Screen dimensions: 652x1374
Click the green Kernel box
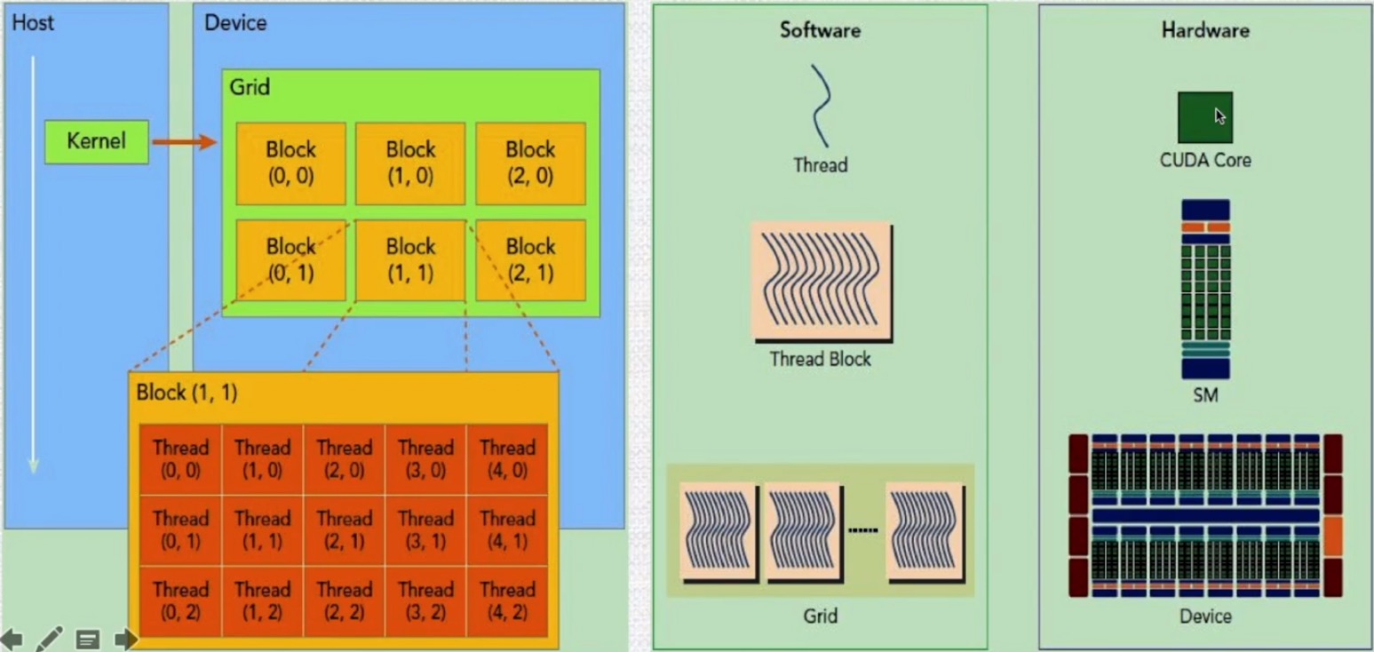pyautogui.click(x=97, y=141)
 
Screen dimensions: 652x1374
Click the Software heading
pyautogui.click(x=820, y=30)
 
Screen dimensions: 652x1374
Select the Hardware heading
pyautogui.click(x=1204, y=30)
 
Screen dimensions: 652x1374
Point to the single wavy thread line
pyautogui.click(x=821, y=105)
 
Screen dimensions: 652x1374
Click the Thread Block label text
pyautogui.click(x=820, y=359)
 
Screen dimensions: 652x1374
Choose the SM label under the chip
pyautogui.click(x=1204, y=394)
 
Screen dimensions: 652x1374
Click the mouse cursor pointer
pyautogui.click(x=1220, y=115)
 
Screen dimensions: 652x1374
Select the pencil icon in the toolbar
pyautogui.click(x=49, y=638)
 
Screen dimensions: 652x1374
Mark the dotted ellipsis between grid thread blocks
pyautogui.click(x=862, y=530)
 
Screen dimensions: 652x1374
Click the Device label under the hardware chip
pyautogui.click(x=1204, y=616)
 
